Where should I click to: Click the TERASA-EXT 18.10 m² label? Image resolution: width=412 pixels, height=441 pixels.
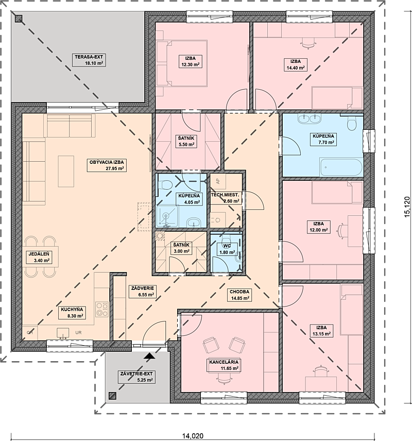coord(89,60)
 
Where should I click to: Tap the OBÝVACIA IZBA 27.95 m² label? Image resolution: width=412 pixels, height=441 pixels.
coord(106,165)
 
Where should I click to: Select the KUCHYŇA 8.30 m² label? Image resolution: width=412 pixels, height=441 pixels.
coord(72,313)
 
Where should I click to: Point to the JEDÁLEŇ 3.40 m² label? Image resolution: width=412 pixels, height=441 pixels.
coord(39,258)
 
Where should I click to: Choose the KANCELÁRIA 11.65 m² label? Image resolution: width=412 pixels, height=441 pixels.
coord(224,365)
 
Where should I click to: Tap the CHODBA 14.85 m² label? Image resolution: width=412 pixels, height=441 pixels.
coord(239,295)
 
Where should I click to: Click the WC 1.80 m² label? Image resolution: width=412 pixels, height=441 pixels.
coord(227,249)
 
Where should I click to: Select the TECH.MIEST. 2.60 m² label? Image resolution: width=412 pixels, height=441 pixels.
coord(225,198)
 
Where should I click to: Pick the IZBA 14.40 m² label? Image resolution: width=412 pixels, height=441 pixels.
coord(296,64)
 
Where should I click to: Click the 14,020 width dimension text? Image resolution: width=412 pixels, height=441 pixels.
coord(193,436)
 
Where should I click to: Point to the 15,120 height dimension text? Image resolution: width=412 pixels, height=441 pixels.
coord(407,206)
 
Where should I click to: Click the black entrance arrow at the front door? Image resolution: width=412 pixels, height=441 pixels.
coord(149,356)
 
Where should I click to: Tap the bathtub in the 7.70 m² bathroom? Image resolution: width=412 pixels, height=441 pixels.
coord(340,167)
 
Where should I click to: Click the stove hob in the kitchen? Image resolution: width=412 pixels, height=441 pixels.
coord(102,309)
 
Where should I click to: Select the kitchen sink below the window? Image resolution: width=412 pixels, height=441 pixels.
coord(63,333)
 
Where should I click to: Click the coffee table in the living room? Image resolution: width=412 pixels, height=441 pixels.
coord(66,171)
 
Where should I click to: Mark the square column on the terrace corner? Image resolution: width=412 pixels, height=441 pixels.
coord(19,19)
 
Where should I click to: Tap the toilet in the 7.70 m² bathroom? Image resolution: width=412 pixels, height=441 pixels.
coord(352,123)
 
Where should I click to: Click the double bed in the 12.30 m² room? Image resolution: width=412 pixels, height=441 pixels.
coord(182,63)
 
